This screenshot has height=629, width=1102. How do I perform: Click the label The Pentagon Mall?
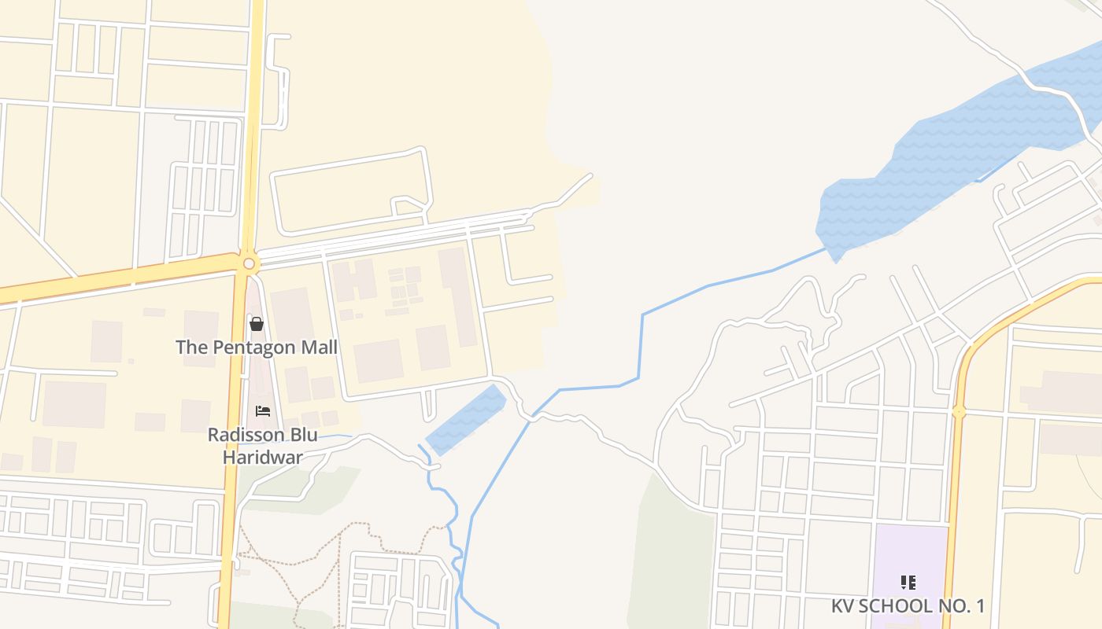256,347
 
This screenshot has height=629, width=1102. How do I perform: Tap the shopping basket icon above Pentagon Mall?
256,323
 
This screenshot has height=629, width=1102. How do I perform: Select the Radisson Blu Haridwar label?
263,445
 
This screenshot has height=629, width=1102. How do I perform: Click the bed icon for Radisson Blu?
263,411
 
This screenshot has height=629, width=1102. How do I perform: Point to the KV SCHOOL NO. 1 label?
908,605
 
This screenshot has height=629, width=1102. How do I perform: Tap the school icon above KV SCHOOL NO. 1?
908,583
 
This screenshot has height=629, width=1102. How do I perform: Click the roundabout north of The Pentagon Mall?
249,263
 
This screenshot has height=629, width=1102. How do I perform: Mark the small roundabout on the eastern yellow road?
958,411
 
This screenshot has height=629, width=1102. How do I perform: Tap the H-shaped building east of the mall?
354,280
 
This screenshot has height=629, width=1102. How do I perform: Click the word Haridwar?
263,456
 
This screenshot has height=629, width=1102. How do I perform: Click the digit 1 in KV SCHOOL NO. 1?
979,605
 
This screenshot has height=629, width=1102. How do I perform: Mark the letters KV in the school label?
843,605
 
